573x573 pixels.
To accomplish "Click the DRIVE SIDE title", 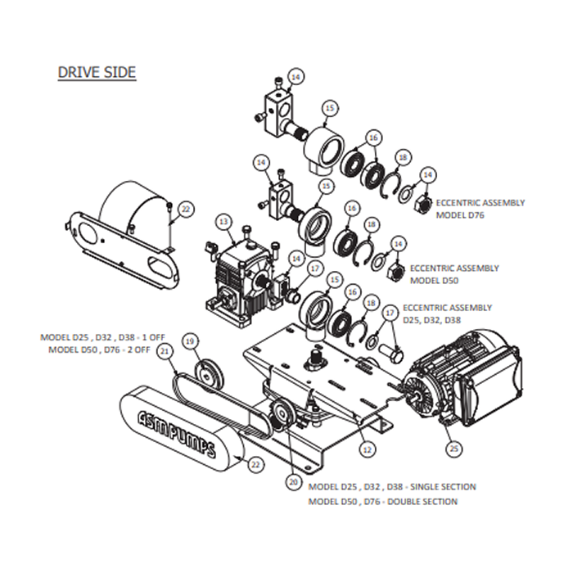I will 97,72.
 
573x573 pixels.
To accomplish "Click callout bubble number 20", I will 293,482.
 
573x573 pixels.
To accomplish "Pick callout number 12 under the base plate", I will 367,449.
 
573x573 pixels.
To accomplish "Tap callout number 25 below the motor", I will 455,448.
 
